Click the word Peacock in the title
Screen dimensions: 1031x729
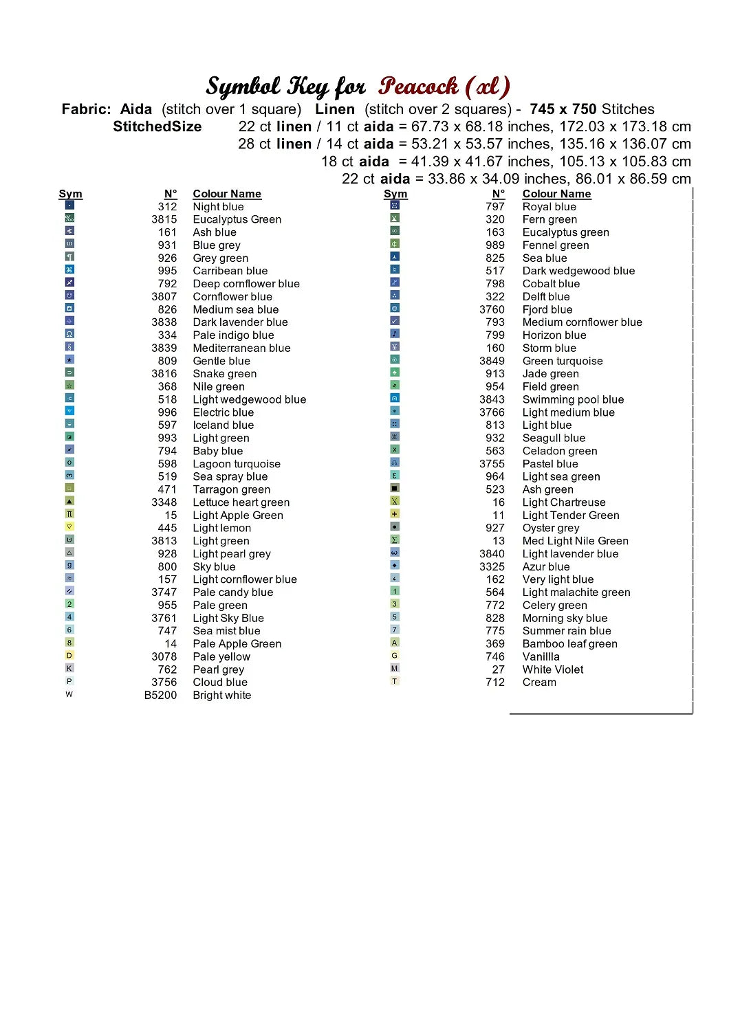click(x=418, y=87)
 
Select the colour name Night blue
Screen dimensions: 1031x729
click(x=218, y=207)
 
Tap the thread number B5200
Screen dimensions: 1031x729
click(x=160, y=696)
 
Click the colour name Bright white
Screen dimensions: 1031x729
click(x=221, y=696)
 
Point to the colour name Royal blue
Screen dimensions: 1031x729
click(x=549, y=207)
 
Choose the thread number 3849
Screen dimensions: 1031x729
click(x=492, y=361)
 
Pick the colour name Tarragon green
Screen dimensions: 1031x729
click(x=231, y=489)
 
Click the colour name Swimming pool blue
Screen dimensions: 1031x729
click(x=573, y=399)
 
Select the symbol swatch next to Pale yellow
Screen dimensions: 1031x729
click(x=69, y=656)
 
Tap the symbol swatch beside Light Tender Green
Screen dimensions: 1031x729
click(x=395, y=514)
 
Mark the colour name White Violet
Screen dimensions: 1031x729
click(x=552, y=669)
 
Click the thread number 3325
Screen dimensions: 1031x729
click(x=492, y=566)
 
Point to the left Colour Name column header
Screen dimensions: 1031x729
click(x=227, y=194)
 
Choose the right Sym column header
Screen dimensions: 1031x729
click(x=395, y=194)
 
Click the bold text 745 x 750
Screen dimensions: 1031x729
click(x=563, y=109)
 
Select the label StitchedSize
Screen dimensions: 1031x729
click(x=157, y=126)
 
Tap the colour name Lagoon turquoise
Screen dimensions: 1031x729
click(x=237, y=464)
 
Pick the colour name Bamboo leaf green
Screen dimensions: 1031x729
click(x=569, y=644)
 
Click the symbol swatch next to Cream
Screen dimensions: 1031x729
click(x=395, y=681)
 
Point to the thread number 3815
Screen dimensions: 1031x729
click(x=164, y=219)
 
